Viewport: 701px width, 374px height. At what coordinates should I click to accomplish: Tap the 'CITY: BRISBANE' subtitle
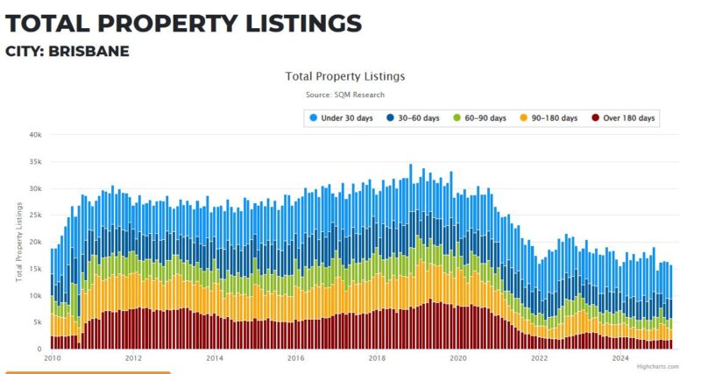point(67,52)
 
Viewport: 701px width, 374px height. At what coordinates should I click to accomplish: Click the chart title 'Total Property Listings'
point(345,76)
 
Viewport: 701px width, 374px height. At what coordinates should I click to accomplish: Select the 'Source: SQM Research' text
point(345,95)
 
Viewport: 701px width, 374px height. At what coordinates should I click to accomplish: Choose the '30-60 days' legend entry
point(413,117)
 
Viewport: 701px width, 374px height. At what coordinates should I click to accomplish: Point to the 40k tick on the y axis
point(35,135)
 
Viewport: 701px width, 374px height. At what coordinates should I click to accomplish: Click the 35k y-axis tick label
point(35,162)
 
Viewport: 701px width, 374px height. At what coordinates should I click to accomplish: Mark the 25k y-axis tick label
point(35,215)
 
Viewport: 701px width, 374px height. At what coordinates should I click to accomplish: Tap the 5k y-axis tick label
point(37,322)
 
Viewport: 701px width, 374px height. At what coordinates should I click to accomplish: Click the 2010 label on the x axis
point(52,358)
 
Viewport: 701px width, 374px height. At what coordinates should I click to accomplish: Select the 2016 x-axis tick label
point(295,358)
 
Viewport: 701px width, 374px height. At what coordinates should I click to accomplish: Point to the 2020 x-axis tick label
point(457,358)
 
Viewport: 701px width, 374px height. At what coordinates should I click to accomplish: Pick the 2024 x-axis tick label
point(620,358)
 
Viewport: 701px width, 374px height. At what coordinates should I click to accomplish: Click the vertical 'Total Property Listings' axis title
point(19,242)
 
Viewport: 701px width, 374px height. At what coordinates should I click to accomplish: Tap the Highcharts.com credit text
point(657,367)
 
